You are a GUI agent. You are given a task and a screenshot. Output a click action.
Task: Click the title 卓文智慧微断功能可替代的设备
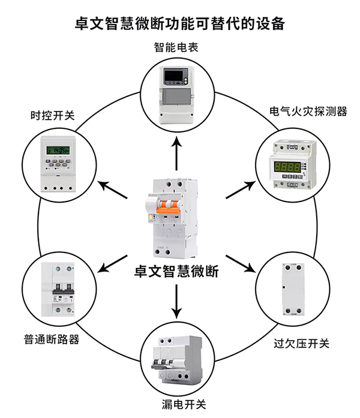[x=180, y=23]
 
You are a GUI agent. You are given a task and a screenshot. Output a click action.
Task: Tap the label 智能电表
[x=176, y=47]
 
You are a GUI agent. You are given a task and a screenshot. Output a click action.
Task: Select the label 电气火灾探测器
[x=308, y=112]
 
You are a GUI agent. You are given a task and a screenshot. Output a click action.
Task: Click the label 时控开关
[x=53, y=116]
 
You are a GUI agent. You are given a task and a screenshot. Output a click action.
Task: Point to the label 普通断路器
[x=52, y=339]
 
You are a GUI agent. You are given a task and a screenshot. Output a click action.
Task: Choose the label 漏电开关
[x=184, y=404]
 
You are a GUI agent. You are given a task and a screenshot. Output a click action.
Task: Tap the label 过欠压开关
[x=301, y=344]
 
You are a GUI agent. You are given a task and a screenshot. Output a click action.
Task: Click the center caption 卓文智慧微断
[x=176, y=272]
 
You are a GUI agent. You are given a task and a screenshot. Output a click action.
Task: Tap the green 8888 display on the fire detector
[x=287, y=167]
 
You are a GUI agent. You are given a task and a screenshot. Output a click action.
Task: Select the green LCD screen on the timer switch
[x=58, y=151]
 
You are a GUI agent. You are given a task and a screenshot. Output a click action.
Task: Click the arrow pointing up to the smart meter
[x=176, y=153]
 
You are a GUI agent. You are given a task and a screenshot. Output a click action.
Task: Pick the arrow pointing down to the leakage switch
[x=176, y=302]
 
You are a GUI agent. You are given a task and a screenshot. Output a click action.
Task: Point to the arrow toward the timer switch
[x=112, y=190]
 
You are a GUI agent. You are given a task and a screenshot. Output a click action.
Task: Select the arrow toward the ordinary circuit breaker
[x=112, y=264]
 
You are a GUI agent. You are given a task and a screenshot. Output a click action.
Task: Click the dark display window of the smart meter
[x=173, y=76]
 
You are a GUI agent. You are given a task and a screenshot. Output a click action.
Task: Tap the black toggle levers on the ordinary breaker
[x=63, y=288]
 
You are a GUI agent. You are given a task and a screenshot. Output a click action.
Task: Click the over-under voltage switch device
[x=293, y=290]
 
